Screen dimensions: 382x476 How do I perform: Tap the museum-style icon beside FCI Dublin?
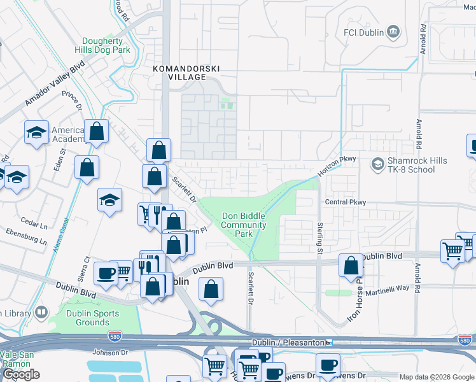(x=393, y=31)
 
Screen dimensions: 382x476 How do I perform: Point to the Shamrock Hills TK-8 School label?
(x=417, y=166)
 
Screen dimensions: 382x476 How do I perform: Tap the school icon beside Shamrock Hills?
(x=378, y=165)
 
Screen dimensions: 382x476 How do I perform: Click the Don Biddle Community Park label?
(x=243, y=225)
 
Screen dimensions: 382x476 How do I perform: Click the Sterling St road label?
(x=319, y=237)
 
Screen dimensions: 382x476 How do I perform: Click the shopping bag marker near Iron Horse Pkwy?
(x=350, y=266)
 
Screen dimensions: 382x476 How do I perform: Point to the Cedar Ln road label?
(x=32, y=222)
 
